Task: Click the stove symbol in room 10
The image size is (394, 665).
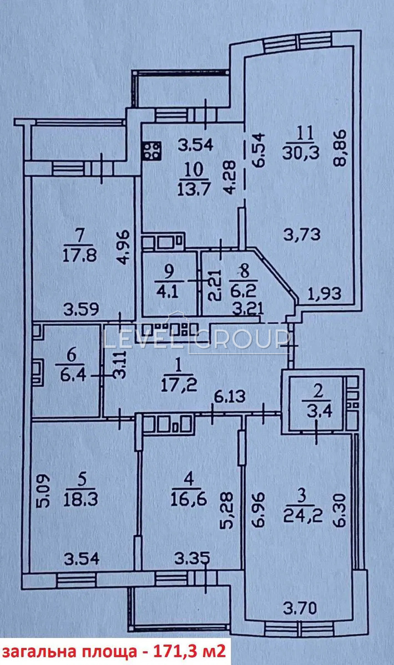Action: (x=152, y=151)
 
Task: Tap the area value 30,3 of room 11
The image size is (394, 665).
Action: (x=301, y=153)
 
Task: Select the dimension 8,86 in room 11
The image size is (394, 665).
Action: (x=340, y=147)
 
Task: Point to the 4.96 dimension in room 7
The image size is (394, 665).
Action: (x=123, y=247)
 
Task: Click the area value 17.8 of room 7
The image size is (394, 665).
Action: (x=80, y=255)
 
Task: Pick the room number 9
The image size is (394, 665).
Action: (x=168, y=272)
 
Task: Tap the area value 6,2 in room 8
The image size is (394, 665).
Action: (x=243, y=292)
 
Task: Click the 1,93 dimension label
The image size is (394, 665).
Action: (x=324, y=294)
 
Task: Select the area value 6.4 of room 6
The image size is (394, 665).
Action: (x=73, y=375)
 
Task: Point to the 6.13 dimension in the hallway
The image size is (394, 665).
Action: (x=230, y=396)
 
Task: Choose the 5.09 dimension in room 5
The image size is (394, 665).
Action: (x=43, y=491)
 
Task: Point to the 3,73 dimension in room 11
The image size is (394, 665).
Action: (x=302, y=234)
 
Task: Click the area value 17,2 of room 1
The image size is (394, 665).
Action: (x=179, y=386)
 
